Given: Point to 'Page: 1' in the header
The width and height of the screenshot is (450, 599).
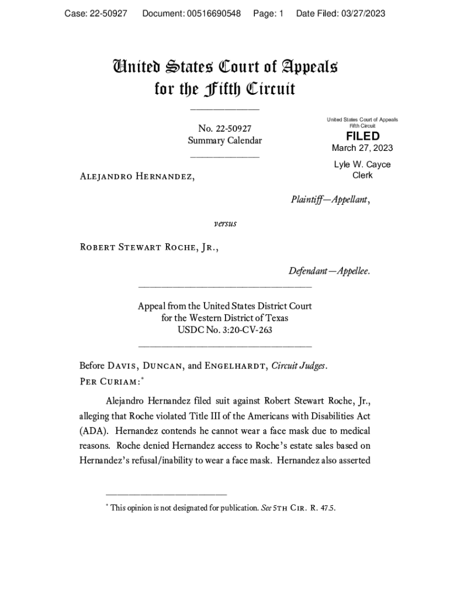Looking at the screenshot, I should [x=268, y=13].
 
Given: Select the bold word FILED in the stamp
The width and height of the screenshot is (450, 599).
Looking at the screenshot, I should [x=362, y=136].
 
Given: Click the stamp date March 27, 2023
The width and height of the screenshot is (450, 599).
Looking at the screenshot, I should [x=362, y=147].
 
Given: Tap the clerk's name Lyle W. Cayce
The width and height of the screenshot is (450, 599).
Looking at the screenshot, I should [x=362, y=164].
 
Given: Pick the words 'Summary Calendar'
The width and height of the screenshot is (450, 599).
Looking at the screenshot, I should [x=224, y=140].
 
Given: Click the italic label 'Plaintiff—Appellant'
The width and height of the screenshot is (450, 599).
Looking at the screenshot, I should [x=330, y=199].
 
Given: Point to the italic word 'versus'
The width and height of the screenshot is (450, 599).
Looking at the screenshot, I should [x=224, y=223].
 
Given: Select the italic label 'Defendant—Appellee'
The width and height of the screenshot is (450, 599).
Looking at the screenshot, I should [x=328, y=271].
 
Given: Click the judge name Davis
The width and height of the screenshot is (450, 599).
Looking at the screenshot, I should [x=122, y=366].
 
